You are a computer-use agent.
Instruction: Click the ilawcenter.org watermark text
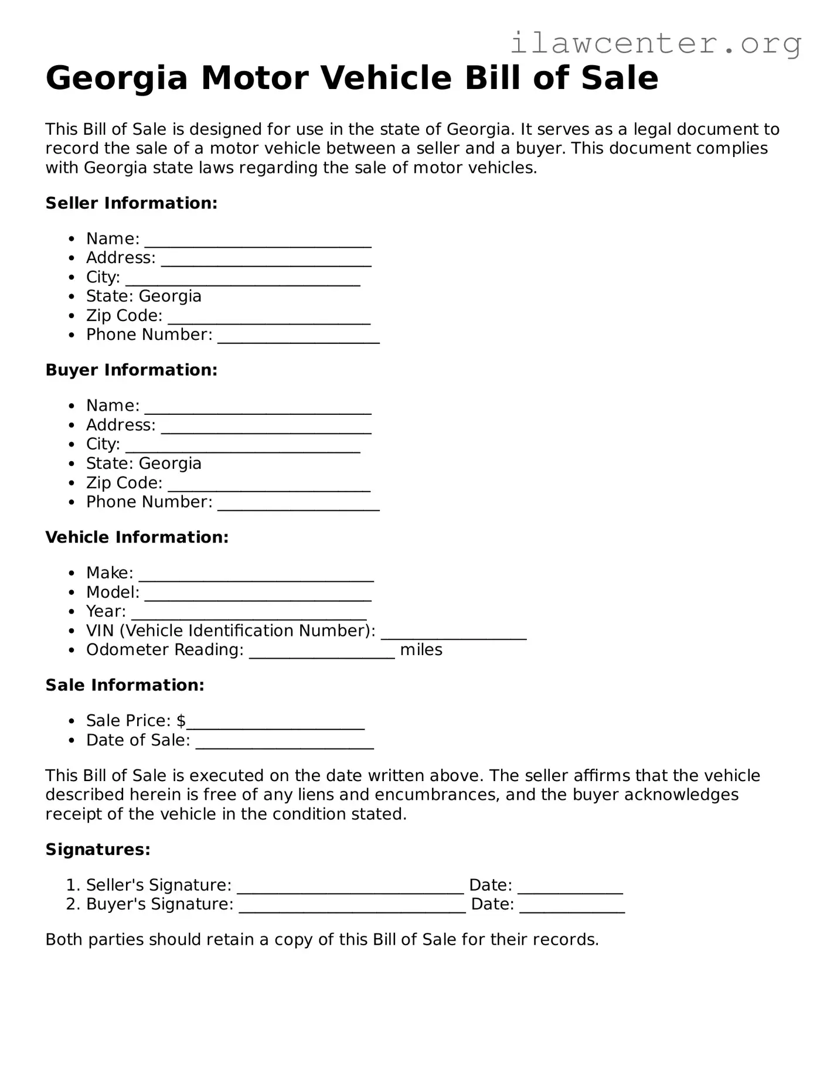click(x=655, y=44)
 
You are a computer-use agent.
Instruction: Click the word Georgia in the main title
click(x=116, y=79)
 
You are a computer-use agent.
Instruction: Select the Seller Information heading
click(x=131, y=203)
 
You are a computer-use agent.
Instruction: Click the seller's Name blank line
click(x=258, y=243)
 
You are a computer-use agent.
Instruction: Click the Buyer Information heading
click(x=131, y=370)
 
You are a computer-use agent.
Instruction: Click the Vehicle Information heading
click(x=137, y=537)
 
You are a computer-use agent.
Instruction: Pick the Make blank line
click(x=256, y=577)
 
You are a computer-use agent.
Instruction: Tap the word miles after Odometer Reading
click(x=421, y=650)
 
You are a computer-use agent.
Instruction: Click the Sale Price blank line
click(x=275, y=725)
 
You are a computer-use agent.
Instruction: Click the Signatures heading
click(x=98, y=850)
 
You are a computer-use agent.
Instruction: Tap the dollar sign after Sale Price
click(x=181, y=721)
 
